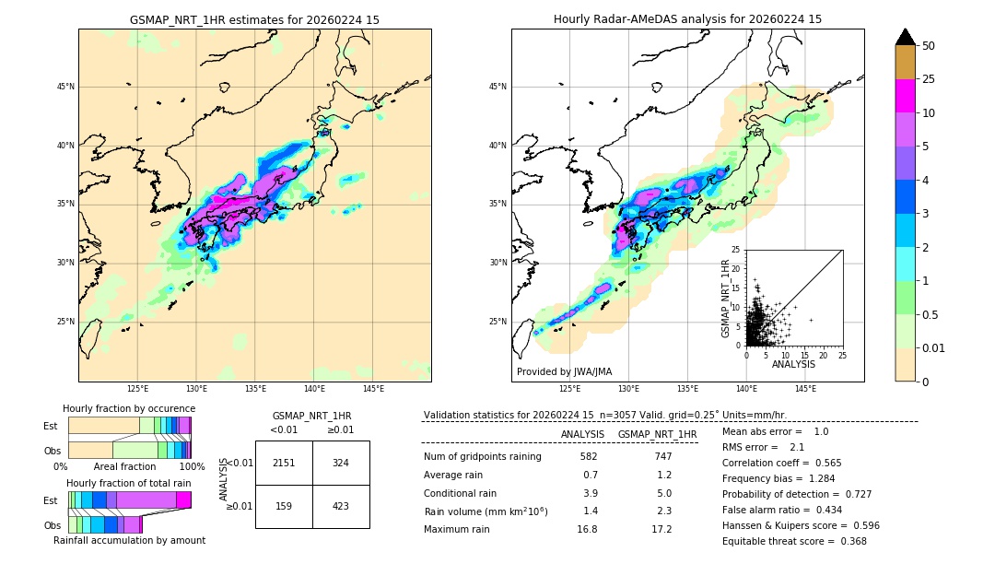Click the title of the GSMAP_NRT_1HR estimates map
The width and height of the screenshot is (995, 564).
(x=254, y=19)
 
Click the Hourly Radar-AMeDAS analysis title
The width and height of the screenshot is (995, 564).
(x=687, y=19)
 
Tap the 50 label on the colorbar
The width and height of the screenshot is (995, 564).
(x=929, y=46)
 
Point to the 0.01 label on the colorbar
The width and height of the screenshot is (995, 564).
(x=934, y=347)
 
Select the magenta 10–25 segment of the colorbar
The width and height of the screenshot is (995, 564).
(x=905, y=96)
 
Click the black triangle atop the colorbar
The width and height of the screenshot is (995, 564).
(x=905, y=37)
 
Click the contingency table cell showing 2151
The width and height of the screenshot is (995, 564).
(x=284, y=463)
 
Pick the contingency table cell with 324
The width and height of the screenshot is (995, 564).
(x=341, y=463)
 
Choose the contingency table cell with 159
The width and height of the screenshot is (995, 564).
(x=284, y=505)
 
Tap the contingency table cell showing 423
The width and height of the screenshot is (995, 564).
(x=341, y=505)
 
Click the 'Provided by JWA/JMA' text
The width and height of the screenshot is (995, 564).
(x=564, y=371)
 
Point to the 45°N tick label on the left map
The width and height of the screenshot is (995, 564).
(x=65, y=87)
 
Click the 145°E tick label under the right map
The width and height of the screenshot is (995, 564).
(x=805, y=390)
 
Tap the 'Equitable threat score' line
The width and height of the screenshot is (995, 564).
(x=794, y=541)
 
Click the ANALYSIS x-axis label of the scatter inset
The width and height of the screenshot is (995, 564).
(x=792, y=364)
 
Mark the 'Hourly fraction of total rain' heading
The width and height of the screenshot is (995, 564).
(x=129, y=483)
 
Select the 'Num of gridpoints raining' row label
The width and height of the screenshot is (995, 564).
(x=482, y=456)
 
